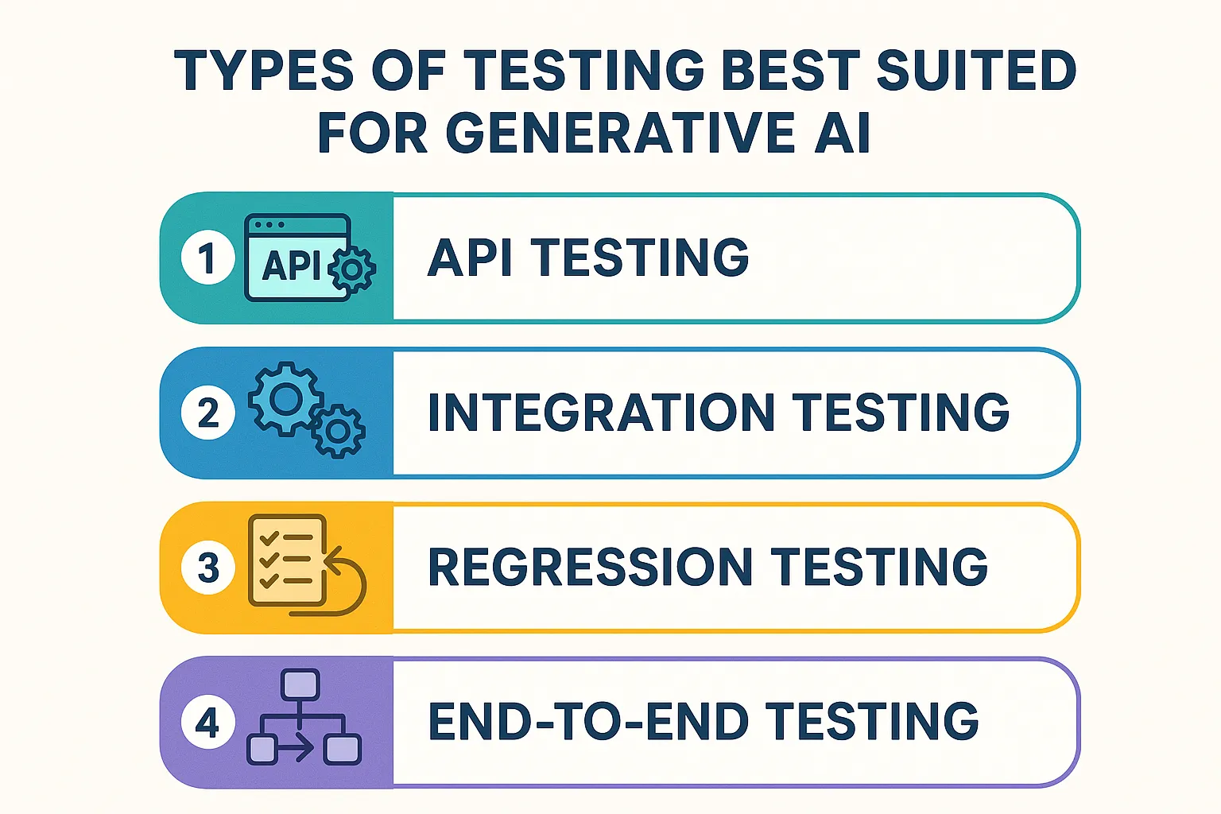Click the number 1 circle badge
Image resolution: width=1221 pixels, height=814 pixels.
(207, 258)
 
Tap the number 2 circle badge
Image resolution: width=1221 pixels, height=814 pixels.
(207, 413)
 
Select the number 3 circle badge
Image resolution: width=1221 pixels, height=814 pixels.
(207, 568)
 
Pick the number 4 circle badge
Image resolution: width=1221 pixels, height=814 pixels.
(207, 723)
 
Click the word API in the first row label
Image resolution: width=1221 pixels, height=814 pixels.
(468, 258)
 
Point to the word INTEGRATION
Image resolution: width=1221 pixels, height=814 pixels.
(600, 413)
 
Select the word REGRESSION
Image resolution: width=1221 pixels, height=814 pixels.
(590, 567)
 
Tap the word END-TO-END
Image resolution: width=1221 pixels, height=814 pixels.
(588, 722)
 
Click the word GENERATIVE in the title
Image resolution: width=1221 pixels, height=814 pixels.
(620, 133)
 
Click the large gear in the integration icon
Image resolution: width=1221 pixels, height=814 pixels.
(285, 398)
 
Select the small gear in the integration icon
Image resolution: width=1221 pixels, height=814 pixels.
(338, 432)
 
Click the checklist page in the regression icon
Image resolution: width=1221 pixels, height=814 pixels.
(287, 559)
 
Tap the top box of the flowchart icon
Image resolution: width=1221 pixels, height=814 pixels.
(300, 684)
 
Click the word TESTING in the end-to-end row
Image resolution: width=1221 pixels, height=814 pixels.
(872, 722)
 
